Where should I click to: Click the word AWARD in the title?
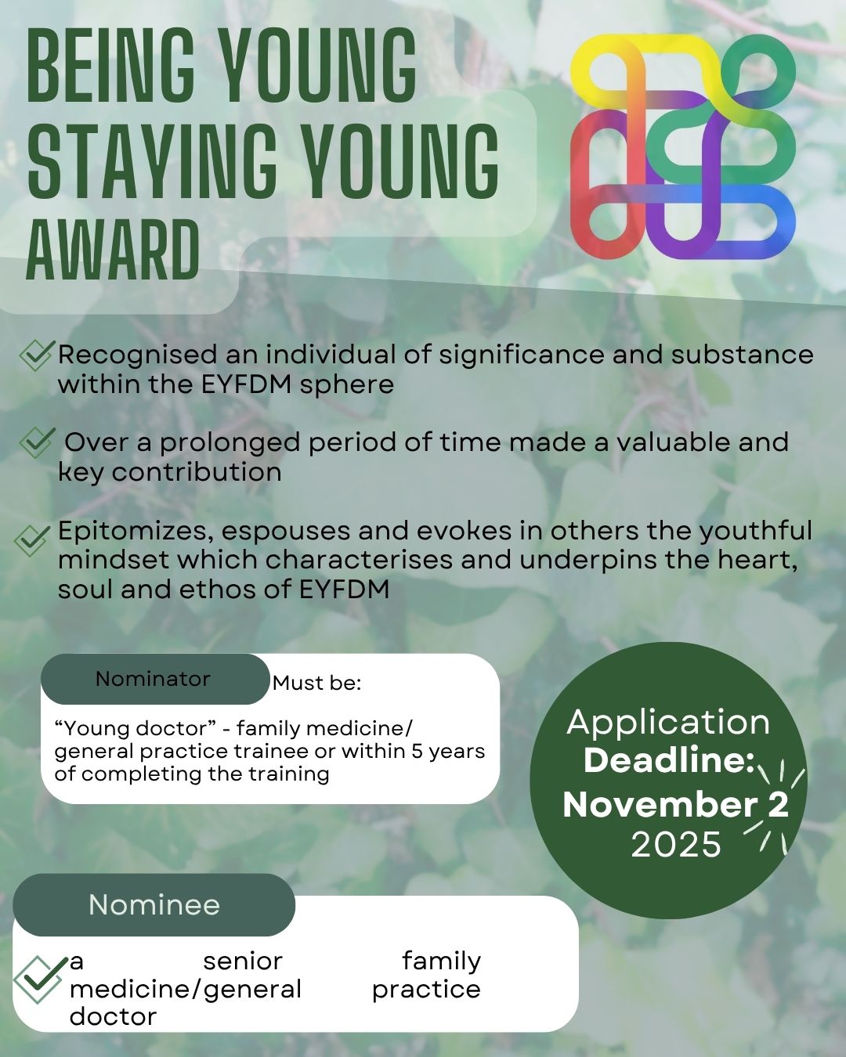113,250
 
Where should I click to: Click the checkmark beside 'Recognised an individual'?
35,355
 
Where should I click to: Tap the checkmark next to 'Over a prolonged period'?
36,442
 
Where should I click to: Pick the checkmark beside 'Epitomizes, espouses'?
31,540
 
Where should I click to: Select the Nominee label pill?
154,904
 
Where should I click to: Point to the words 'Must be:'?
317,683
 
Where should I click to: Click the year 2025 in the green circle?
676,845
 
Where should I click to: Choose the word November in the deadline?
660,805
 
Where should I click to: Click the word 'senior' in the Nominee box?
243,961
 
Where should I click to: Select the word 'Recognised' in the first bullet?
138,355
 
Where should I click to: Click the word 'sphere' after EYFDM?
346,385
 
